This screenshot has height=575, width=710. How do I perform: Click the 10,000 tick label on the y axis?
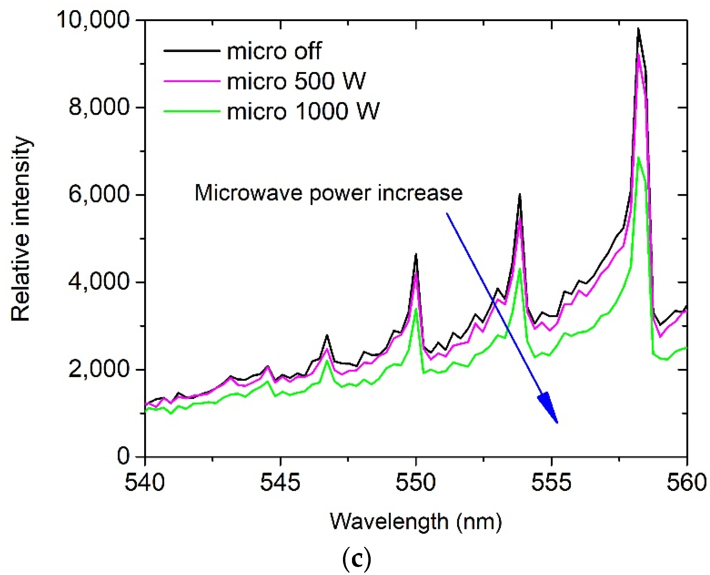(x=93, y=20)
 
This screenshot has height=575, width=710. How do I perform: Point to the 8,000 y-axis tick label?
(x=99, y=107)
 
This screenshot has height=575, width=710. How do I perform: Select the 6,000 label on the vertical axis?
(x=99, y=194)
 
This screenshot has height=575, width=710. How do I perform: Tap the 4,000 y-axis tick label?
(x=99, y=282)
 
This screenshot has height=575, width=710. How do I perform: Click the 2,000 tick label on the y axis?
(x=99, y=369)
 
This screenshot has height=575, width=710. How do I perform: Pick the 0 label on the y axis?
(x=123, y=456)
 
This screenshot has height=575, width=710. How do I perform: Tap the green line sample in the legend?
(x=192, y=111)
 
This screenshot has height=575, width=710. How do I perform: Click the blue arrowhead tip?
(x=558, y=423)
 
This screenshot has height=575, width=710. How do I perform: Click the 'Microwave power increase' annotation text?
(x=329, y=193)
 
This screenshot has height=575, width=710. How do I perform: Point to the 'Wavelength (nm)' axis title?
(x=416, y=522)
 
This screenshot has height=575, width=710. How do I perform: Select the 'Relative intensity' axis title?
(x=21, y=228)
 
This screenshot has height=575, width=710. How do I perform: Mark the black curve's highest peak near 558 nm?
(x=638, y=28)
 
